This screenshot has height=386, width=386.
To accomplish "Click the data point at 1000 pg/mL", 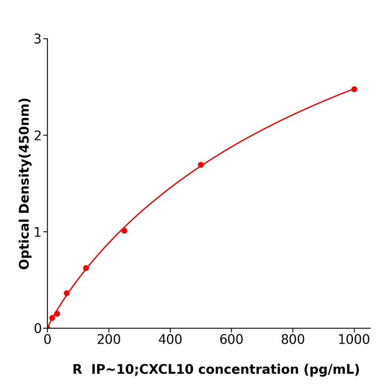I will click(x=354, y=89).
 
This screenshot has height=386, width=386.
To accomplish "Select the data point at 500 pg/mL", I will click(x=201, y=165).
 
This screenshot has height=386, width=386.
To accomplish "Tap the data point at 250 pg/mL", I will click(x=124, y=230).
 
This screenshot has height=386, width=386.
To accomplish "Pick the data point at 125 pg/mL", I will click(x=86, y=268).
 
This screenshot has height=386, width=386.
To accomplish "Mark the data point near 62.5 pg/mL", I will click(x=67, y=293).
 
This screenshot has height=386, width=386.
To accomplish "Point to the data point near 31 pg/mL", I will click(x=57, y=314).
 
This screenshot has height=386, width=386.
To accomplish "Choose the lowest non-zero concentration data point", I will click(x=52, y=318).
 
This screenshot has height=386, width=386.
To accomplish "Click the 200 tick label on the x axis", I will click(x=109, y=340).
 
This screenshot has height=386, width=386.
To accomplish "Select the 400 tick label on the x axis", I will click(x=170, y=340).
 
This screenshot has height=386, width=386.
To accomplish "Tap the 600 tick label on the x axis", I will click(x=231, y=340).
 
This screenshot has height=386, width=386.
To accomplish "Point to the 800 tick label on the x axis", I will click(x=292, y=340).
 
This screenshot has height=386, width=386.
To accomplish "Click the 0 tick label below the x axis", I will click(x=47, y=340).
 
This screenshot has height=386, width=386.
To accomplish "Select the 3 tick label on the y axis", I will click(x=37, y=39).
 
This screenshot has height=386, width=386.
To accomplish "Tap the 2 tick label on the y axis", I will click(x=37, y=136).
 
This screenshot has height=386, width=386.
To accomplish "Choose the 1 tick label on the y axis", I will click(x=37, y=232).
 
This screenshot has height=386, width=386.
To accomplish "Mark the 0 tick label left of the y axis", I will click(x=37, y=329).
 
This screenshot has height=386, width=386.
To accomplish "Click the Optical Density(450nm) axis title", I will click(x=24, y=183).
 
